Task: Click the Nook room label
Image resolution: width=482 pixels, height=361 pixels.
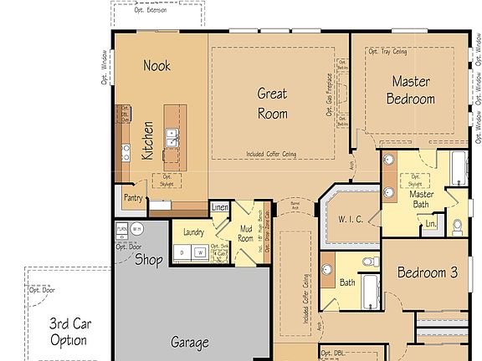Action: pos(156,65)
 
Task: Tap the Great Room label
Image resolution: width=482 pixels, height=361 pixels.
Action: pos(272,104)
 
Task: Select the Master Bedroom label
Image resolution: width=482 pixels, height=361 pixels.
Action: pos(410,90)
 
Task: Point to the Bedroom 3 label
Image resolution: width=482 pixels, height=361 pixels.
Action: pos(428,273)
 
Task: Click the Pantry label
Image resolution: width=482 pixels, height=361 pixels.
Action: pos(133,199)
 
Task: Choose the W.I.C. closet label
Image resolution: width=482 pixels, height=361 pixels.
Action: pos(351,220)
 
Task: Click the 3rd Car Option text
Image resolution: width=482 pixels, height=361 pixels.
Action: pos(68,332)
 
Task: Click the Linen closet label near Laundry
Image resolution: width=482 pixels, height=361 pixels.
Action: pos(220,206)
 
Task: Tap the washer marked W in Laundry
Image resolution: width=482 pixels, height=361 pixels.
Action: pos(200,252)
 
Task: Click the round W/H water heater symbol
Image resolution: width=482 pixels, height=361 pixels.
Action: pos(137,229)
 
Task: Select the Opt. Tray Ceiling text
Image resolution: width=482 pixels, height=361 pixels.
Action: pos(387,52)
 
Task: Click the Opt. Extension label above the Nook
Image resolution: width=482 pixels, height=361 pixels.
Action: pos(151,11)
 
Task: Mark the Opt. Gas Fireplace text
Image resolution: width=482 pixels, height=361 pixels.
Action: pos(330,93)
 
